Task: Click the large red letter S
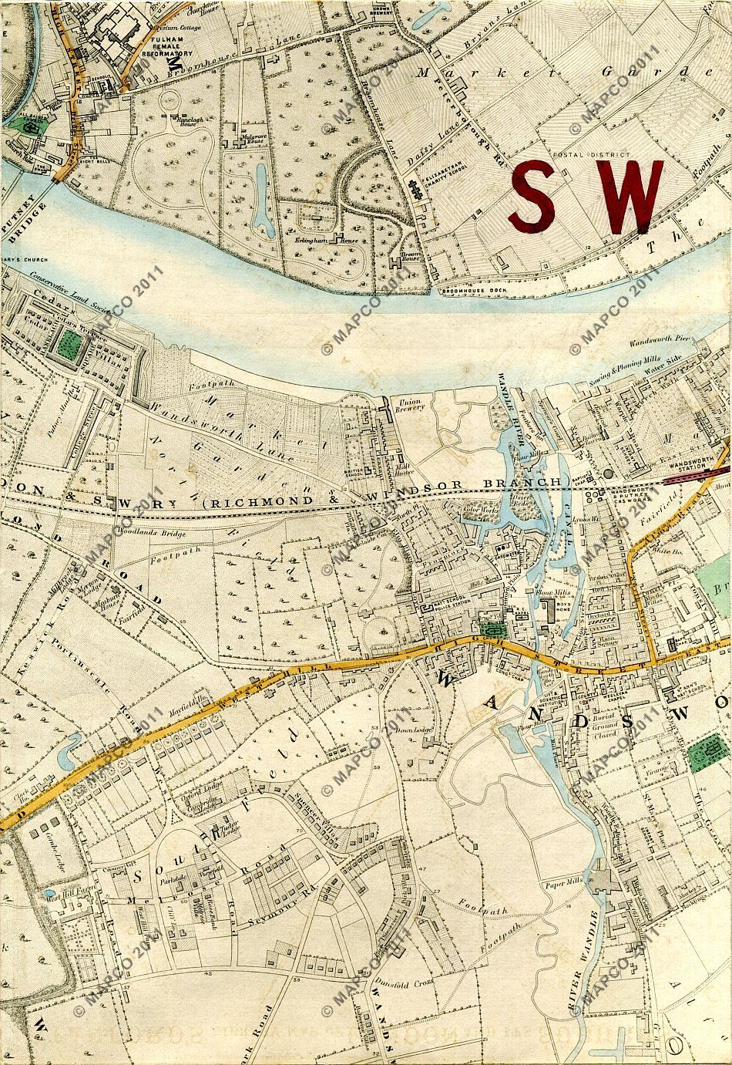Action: [539, 196]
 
